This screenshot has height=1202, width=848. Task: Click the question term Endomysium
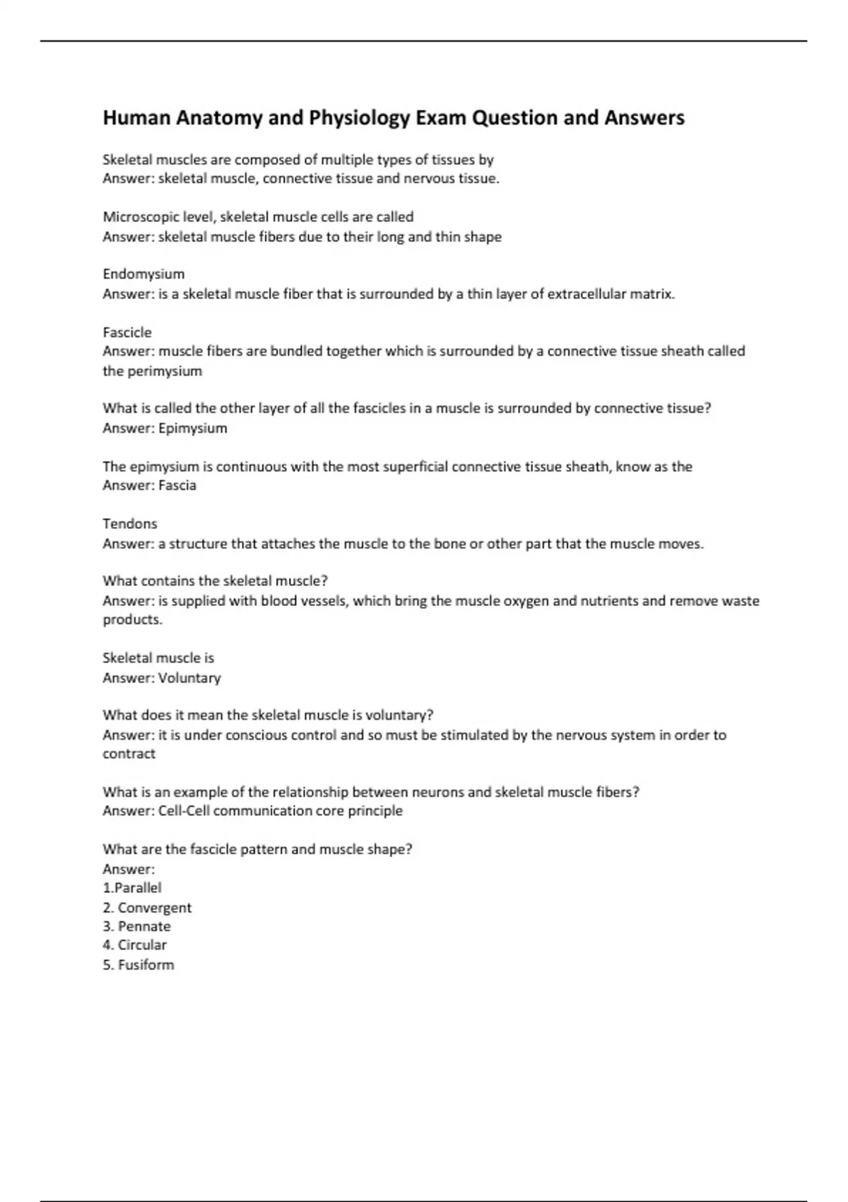pos(143,274)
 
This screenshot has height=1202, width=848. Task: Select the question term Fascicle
pos(127,332)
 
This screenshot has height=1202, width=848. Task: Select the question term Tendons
pos(130,524)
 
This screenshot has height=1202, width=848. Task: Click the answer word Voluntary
pos(189,678)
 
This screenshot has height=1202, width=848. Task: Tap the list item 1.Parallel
pos(132,888)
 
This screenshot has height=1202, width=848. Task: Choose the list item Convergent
pos(154,908)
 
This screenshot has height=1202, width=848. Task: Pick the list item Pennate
pos(144,926)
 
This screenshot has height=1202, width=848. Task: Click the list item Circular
pos(142,945)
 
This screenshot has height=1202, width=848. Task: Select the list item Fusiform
pos(146,965)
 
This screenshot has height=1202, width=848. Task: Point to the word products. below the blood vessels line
pos(133,620)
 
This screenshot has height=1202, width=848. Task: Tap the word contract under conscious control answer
pos(129,754)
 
